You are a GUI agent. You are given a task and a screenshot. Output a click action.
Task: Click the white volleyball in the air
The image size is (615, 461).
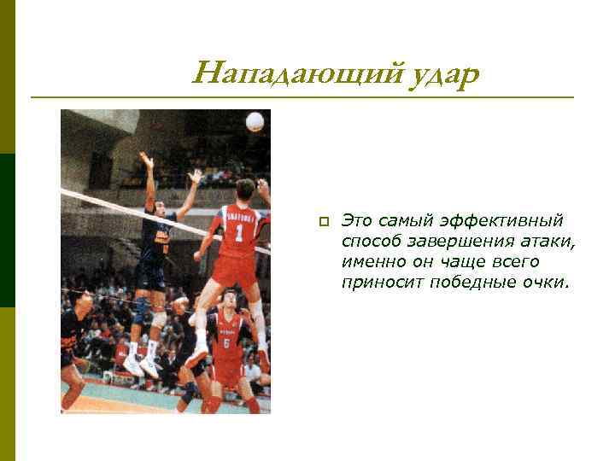[255, 122]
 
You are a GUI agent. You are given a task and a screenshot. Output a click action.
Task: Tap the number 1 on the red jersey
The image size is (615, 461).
[239, 232]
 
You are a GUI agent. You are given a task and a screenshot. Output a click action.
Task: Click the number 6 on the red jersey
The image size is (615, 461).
[226, 343]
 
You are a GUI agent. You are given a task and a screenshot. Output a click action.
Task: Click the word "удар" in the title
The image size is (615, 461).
[436, 75]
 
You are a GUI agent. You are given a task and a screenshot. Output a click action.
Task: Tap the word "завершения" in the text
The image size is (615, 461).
[441, 242]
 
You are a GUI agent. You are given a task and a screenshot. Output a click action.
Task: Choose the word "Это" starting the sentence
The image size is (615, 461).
[357, 222]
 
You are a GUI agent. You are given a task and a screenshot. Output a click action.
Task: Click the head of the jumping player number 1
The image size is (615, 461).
[245, 190]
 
